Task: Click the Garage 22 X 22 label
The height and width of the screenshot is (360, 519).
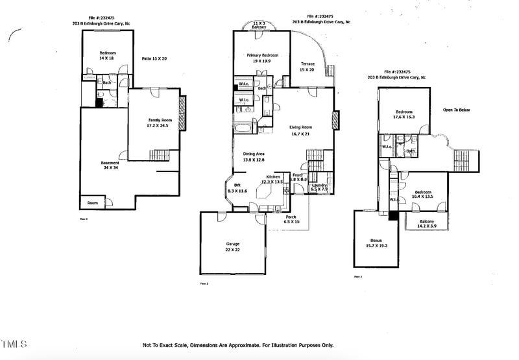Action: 232,247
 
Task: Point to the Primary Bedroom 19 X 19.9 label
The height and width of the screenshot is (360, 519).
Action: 262,58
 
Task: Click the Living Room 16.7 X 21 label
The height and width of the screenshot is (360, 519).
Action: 301,130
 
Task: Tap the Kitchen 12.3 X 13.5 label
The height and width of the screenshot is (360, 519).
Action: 273,180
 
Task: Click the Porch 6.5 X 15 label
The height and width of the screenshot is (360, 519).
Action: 291,219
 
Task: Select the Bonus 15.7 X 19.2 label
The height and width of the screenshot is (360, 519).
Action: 376,243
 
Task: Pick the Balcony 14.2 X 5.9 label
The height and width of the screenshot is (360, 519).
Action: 427,224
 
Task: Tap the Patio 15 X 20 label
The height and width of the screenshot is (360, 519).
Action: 154,59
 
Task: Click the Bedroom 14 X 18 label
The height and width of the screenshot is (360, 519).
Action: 106,55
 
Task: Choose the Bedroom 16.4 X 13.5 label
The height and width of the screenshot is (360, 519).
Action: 423,195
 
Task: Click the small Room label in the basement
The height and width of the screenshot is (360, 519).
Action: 93,203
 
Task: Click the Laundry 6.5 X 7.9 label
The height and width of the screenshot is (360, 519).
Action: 319,187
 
